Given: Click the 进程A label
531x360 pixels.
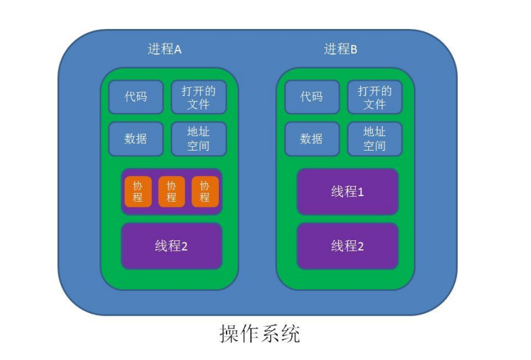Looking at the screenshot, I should pos(165,49).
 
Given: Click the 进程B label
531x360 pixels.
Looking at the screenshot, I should pos(340,49).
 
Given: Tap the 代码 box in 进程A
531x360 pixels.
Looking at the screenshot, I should pos(135,97).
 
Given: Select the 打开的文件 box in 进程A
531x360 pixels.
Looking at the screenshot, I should pos(198,97).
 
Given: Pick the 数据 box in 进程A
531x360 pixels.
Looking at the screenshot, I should pos(135,139).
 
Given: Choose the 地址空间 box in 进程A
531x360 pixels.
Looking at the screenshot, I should pos(198,139).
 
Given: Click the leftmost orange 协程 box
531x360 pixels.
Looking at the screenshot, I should pos(138,191).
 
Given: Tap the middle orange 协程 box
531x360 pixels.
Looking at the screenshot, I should pos(172,191).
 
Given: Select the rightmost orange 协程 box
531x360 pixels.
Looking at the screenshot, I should pos(205,191).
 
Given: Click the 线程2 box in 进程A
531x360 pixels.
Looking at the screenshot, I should pos(172,246).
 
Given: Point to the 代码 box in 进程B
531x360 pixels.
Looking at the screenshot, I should pos(311,97).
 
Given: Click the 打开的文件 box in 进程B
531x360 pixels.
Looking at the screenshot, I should pos(374,97).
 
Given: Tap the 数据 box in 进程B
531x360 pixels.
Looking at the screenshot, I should pos(311,139).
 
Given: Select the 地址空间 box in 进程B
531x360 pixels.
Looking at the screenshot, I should pos(374,139).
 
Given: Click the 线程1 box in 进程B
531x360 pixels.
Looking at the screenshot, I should pos(347,191).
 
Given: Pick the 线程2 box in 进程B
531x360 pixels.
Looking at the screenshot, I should pos(347,246).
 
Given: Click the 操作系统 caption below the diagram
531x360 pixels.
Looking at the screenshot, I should pos(259,333).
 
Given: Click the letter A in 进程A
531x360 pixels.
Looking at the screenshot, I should pos(178,49).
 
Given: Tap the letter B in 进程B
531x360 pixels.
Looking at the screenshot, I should pos(354,49).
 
